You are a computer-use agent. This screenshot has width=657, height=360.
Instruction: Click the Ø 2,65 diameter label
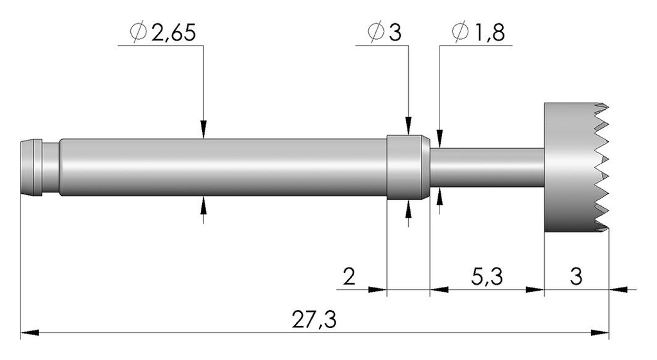(162, 33)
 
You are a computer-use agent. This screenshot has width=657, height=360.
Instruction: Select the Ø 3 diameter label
(384, 33)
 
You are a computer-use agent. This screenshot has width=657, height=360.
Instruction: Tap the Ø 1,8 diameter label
(479, 33)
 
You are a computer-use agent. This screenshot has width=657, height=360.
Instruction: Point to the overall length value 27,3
(314, 320)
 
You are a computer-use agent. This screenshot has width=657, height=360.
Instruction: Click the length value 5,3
(487, 277)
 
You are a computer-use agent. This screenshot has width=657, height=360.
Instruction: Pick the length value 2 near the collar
(349, 277)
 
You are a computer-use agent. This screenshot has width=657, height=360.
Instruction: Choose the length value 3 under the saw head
(576, 277)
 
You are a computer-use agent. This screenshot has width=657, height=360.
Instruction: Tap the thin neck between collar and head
(487, 167)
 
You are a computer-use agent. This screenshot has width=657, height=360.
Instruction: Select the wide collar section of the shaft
(407, 167)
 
